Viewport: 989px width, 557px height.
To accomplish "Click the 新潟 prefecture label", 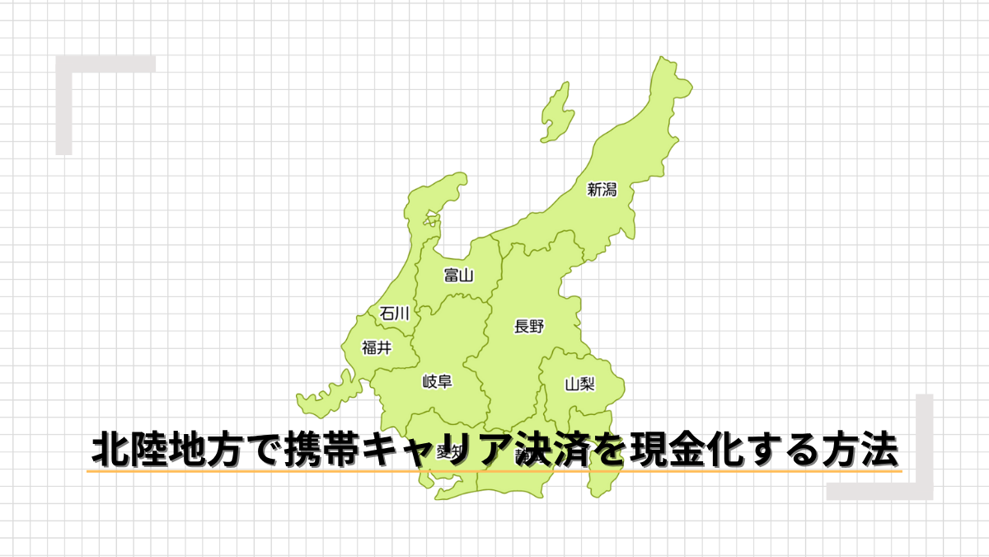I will pos(602,190).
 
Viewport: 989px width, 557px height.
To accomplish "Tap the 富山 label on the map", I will pos(458,275).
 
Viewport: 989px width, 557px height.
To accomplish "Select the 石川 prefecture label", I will pos(394,313).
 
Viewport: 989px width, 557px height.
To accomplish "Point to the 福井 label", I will pos(377,347).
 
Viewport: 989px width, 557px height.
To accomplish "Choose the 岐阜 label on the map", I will pos(437,381).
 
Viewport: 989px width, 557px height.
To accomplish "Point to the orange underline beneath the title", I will pos(494,471).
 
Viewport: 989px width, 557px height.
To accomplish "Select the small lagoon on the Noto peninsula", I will pos(431,221).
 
